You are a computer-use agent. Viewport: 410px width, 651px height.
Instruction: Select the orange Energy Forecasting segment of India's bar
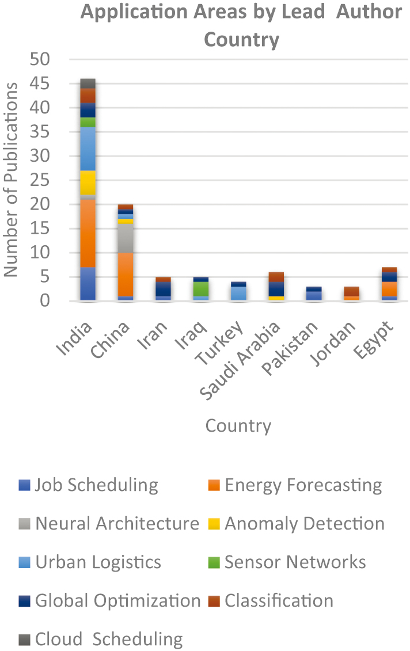pos(88,233)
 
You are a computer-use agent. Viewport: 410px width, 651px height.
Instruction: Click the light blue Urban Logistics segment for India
pos(88,149)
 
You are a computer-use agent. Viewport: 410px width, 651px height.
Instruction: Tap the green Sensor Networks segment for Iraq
pos(201,288)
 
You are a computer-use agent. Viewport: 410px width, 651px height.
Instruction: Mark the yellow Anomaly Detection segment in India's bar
pos(88,182)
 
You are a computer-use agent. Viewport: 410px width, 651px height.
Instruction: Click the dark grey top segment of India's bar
pos(88,83)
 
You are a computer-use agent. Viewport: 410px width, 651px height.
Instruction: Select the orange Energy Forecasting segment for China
pos(126,274)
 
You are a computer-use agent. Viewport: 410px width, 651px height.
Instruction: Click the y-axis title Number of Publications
pos(11,180)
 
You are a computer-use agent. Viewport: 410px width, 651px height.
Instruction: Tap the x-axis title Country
pos(238,426)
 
